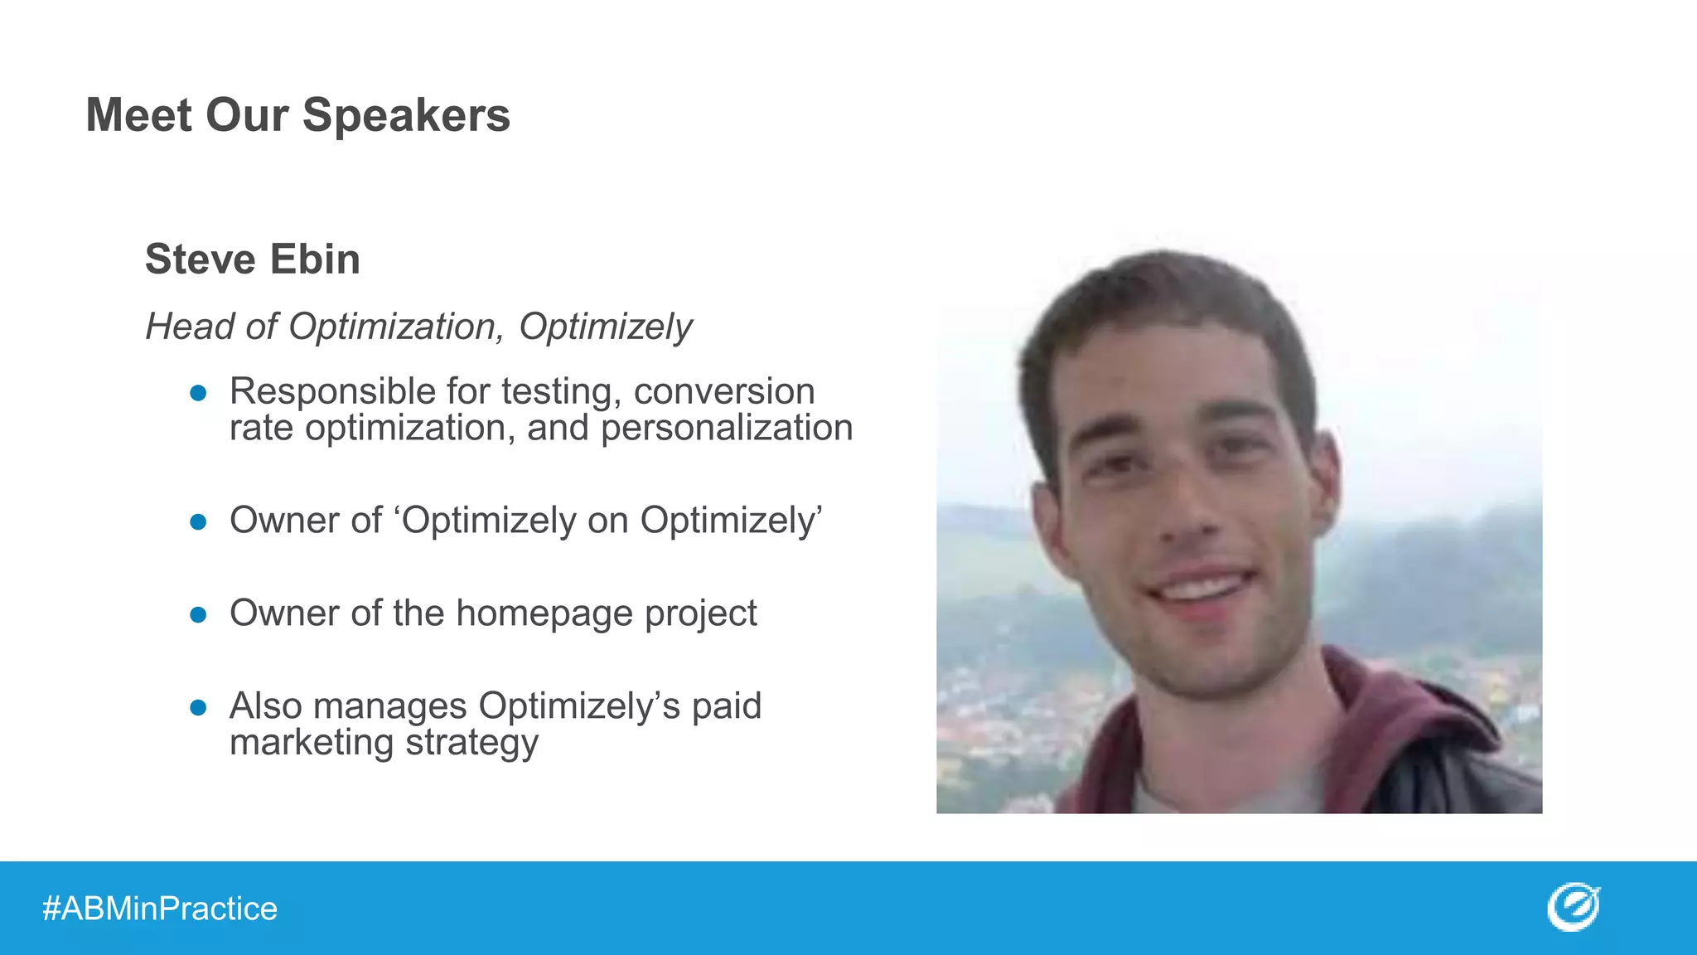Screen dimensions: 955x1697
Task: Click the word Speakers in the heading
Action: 406,115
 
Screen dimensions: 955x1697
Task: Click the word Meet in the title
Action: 139,115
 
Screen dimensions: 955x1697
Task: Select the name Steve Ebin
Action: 252,259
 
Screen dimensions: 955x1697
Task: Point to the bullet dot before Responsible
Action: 198,393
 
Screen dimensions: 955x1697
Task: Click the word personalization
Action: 727,429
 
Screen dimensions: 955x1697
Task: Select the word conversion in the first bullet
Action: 724,391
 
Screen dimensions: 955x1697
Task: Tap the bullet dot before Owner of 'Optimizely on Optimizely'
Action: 198,521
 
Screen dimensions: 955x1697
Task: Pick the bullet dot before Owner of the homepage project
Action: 198,614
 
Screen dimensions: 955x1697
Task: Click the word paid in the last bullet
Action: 726,706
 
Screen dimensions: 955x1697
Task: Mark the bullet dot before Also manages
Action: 198,707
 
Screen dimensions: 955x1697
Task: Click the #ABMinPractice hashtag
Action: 160,909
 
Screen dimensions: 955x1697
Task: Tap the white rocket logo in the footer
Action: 1573,907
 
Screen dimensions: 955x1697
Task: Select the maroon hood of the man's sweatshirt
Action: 1400,721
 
